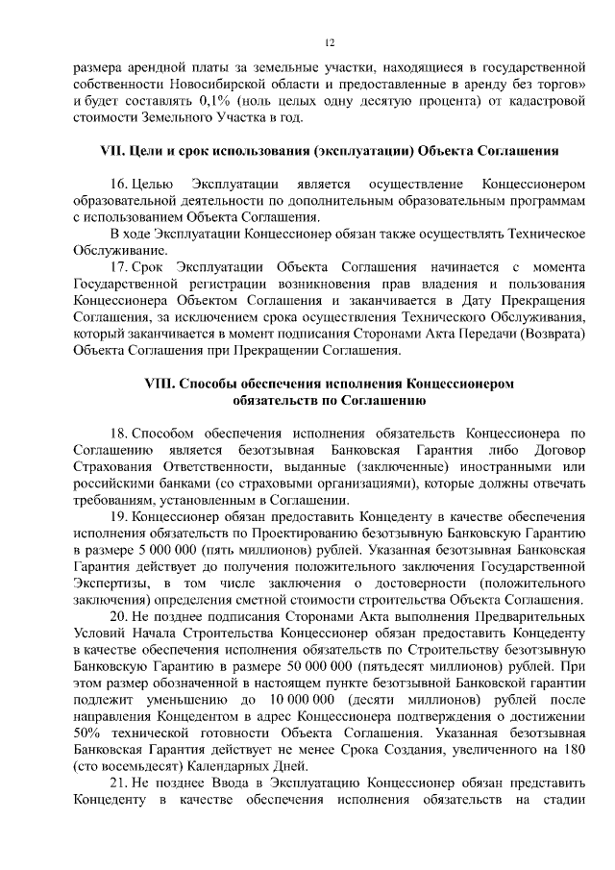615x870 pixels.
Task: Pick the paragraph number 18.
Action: [x=119, y=433]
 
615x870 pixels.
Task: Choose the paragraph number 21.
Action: [x=119, y=783]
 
